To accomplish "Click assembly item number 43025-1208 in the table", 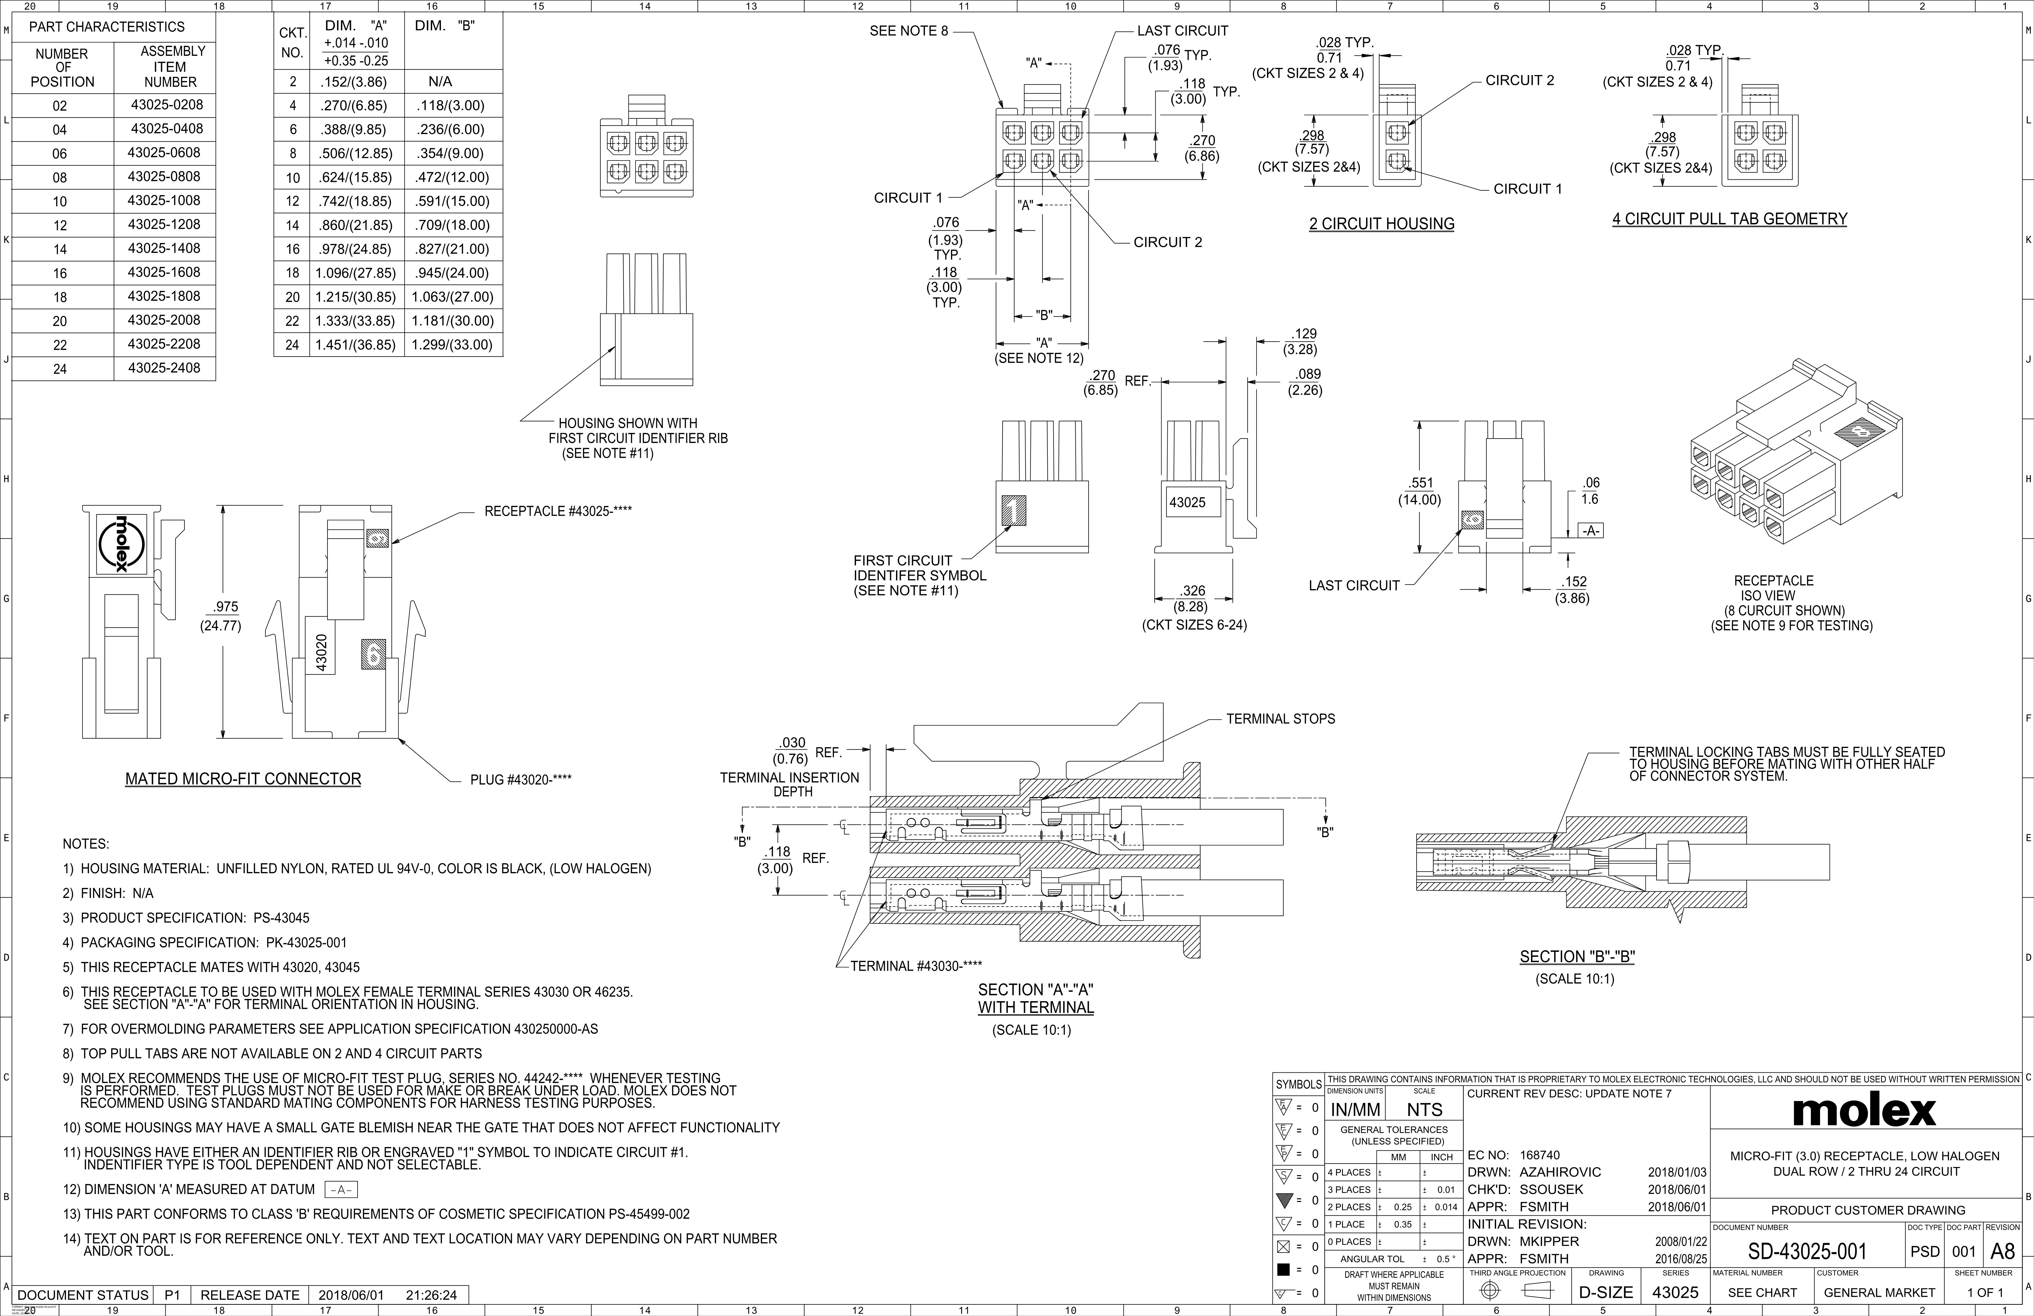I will (164, 225).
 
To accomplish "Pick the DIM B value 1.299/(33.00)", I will (452, 345).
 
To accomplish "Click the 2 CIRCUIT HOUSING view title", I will (1381, 224).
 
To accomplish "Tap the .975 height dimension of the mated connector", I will (226, 608).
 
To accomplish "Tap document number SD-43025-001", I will (1807, 1252).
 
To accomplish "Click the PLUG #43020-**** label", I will (521, 779).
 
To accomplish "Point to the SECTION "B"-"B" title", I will (1577, 957).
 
